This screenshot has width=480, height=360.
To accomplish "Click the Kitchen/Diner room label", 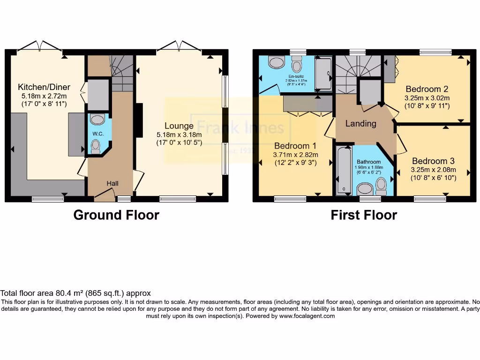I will [44, 87].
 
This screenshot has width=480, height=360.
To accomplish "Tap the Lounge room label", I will [179, 126].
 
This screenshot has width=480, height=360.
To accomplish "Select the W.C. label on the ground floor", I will [98, 134].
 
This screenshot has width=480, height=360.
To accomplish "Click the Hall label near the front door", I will [112, 183].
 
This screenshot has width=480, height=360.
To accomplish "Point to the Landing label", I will [360, 123].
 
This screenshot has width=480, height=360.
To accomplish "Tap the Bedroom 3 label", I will [433, 161].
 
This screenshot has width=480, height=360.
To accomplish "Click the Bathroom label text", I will [369, 162].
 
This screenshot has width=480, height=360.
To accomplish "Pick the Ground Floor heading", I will [116, 215].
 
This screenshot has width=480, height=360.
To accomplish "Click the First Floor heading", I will [364, 215].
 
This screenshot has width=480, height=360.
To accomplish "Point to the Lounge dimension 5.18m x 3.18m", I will [179, 135].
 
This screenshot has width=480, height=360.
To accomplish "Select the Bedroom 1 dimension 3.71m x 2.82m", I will [295, 155].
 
